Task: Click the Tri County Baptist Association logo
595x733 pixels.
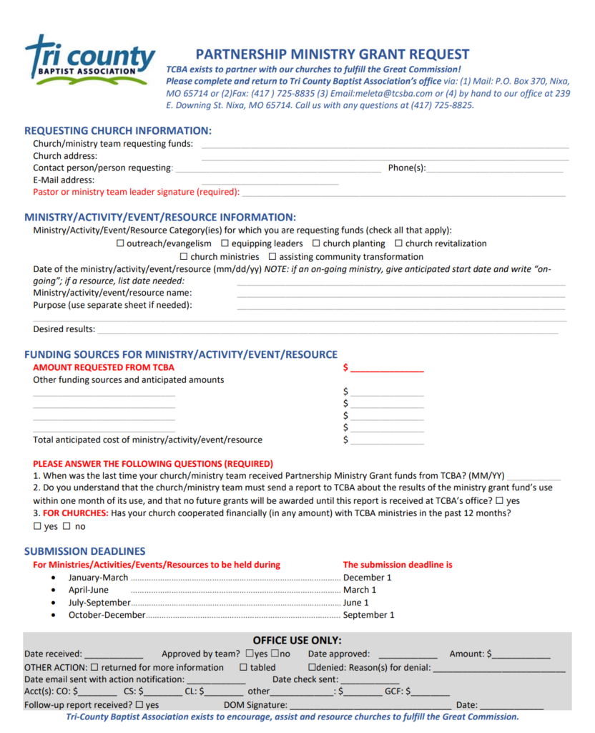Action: pos(89,61)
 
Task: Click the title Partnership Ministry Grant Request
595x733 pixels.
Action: pos(333,54)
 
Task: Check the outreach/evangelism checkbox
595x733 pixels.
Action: pos(120,244)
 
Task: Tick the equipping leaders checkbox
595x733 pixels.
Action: pos(225,244)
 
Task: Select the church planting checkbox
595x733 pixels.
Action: pos(316,244)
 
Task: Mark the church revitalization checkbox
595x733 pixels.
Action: pos(399,244)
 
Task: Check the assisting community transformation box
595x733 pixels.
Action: pos(272,257)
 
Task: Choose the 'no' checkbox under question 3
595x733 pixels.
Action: pos(67,527)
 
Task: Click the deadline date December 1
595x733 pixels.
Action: pos(368,578)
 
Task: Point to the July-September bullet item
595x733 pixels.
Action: pos(99,603)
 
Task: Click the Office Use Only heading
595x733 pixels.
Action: pos(297,640)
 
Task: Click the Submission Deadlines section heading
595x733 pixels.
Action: pos(84,551)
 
